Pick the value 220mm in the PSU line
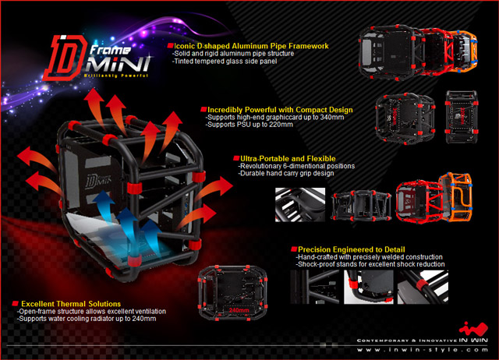point(275,125)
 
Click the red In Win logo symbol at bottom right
point(469,326)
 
